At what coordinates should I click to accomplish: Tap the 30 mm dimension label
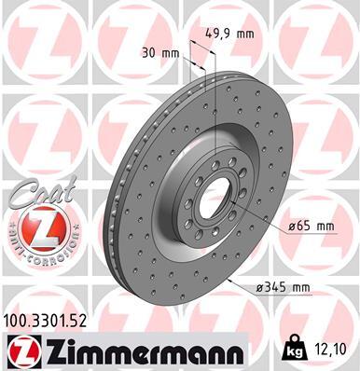tap(155, 53)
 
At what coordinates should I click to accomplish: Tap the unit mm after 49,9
tap(246, 34)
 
